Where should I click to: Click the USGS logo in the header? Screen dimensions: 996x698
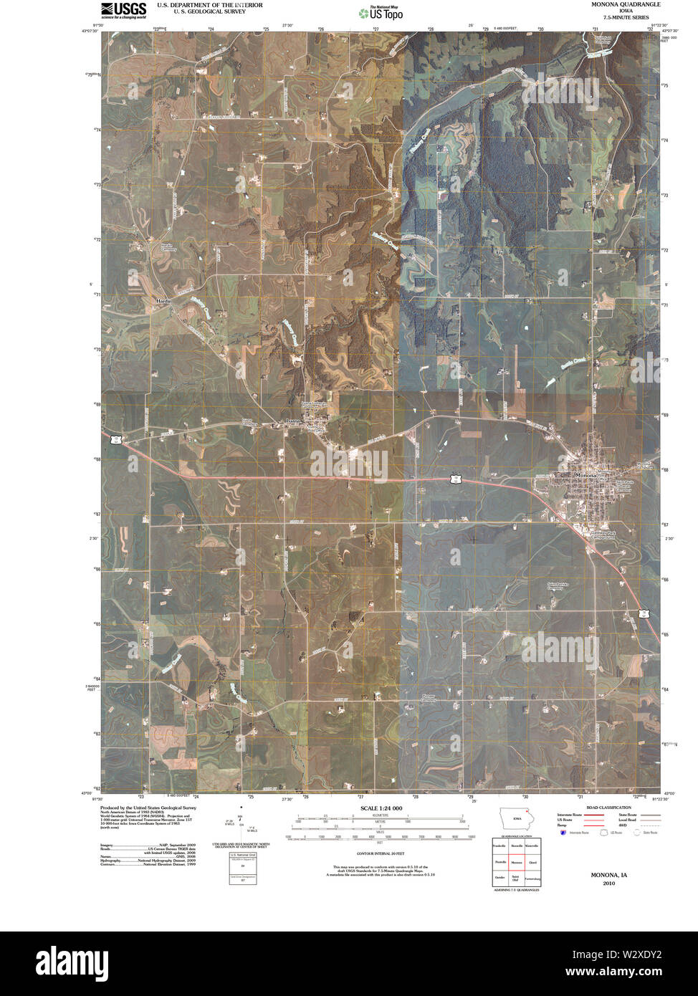(124, 9)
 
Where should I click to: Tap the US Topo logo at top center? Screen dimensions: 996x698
(381, 12)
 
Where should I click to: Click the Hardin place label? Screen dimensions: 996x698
(163, 301)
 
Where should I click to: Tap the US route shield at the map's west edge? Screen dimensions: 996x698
(115, 436)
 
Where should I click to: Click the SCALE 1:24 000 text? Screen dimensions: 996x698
(381, 808)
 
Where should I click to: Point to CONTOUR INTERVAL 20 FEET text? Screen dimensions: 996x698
(381, 854)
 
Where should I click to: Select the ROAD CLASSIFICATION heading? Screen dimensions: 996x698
(608, 808)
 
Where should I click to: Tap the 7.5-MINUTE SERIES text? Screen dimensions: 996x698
(626, 17)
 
